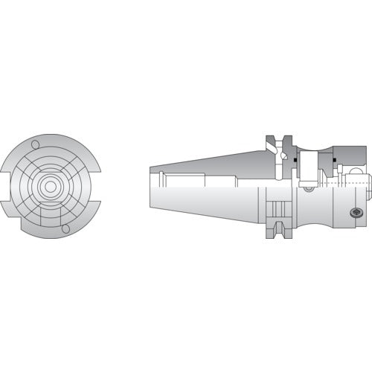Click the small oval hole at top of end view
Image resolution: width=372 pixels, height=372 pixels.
pyautogui.click(x=35, y=144)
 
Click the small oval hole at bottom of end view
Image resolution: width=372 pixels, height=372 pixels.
pyautogui.click(x=65, y=228)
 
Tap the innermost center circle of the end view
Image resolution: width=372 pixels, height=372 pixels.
pyautogui.click(x=50, y=186)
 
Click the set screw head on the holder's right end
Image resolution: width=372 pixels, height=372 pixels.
pyautogui.click(x=356, y=213)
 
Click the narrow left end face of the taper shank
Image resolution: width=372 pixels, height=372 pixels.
pyautogui.click(x=151, y=186)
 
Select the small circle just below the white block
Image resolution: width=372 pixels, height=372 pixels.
pyautogui.click(x=309, y=189)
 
